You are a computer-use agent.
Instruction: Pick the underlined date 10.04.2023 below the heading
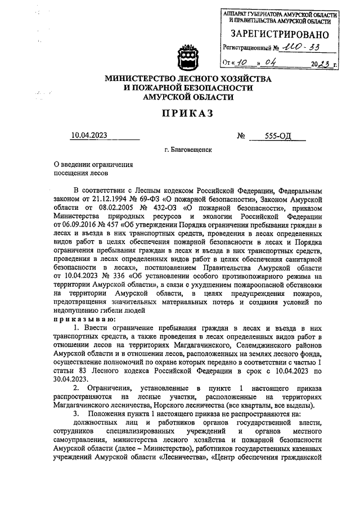[x=89, y=135]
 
